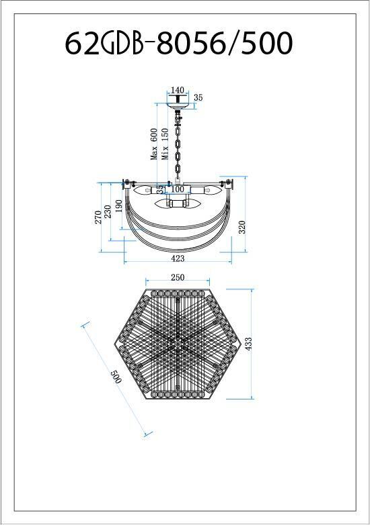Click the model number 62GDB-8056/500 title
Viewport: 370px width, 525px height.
point(179,44)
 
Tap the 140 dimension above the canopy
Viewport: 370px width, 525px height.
point(178,90)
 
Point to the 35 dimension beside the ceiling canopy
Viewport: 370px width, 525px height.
point(198,98)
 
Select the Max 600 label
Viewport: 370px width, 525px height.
point(154,144)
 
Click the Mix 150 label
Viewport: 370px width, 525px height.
point(164,144)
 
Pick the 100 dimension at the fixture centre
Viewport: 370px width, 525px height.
point(178,189)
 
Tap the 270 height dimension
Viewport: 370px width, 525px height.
point(98,216)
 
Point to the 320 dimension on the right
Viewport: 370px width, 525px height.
point(242,228)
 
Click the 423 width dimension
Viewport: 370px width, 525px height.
point(178,258)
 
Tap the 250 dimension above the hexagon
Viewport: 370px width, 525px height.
point(178,277)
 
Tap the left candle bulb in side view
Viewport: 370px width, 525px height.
point(143,189)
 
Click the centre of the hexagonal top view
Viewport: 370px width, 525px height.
point(178,344)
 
